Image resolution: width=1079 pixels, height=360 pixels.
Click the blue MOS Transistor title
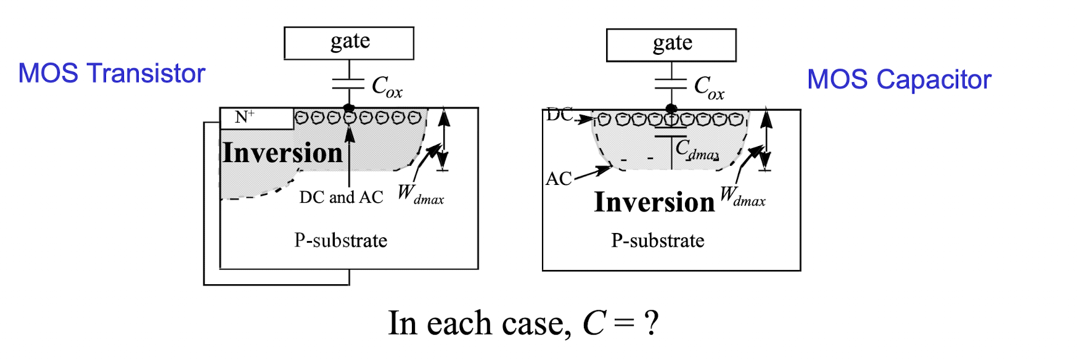112,73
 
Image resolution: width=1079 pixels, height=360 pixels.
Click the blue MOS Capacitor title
899,80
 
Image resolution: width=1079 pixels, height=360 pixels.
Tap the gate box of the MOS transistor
349,43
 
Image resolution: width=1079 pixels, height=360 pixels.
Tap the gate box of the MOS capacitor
671,45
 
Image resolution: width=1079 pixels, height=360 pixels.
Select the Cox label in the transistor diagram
387,87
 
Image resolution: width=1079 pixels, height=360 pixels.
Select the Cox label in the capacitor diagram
709,88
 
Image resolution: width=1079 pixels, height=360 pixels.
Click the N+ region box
256,118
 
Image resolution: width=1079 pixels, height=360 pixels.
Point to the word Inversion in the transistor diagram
282,152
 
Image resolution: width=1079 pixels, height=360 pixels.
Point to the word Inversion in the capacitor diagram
654,202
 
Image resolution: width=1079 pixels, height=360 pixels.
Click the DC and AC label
341,197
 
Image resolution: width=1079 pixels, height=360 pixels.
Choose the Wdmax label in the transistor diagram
421,194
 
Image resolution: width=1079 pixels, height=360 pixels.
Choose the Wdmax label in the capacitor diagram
742,197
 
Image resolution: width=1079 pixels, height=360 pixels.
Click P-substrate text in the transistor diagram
341,240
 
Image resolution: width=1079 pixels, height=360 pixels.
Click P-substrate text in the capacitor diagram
658,240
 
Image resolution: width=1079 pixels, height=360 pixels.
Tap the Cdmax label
697,150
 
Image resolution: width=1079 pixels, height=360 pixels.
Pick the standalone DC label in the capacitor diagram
559,115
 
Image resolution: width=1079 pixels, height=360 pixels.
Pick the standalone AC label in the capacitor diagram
559,179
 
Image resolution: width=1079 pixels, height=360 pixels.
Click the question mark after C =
651,323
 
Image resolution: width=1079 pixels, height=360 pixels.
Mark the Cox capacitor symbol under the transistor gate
349,84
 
